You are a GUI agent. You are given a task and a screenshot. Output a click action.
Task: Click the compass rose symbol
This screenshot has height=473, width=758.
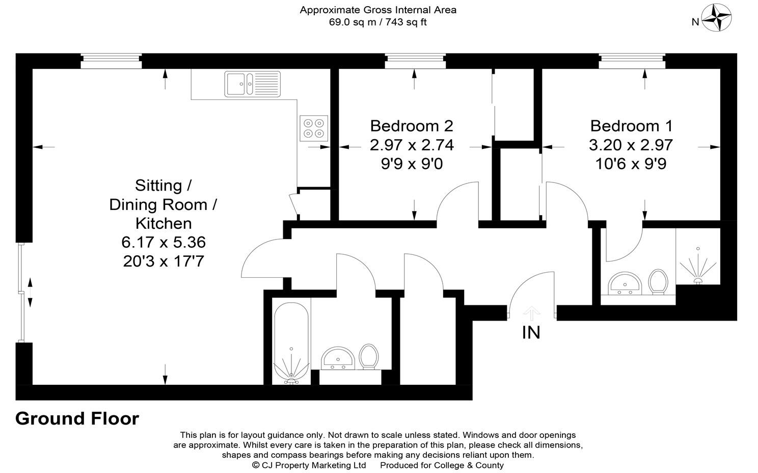pos(716,18)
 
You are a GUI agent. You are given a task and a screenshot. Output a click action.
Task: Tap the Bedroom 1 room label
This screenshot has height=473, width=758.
pos(632,126)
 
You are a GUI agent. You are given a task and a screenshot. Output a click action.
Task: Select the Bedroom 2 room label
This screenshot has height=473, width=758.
pos(412,126)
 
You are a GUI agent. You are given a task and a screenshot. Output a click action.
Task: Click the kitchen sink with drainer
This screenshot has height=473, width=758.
pos(253,84)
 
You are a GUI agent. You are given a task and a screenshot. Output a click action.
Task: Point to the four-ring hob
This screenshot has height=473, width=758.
pos(314,128)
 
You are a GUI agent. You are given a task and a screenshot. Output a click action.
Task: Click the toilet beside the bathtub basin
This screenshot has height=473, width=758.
pos(368,357)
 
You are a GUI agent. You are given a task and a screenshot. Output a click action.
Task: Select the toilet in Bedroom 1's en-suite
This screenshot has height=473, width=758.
pos(658,282)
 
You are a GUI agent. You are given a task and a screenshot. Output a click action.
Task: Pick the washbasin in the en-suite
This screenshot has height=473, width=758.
pos(625,284)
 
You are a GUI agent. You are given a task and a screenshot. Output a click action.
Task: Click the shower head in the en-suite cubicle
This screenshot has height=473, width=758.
pos(698,266)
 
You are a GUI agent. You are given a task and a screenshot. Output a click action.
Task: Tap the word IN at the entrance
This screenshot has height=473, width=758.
pos(531,332)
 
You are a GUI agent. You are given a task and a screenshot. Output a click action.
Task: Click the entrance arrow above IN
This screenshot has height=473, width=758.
pos(531,313)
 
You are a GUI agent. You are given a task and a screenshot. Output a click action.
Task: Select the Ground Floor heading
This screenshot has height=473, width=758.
pos(77,418)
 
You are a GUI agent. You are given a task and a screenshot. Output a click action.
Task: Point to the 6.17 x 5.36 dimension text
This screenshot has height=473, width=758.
pos(164,242)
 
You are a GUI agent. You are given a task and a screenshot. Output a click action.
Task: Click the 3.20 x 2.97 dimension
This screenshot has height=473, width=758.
pos(631,145)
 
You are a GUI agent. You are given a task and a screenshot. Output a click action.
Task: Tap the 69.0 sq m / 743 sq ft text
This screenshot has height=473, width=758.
pos(377,22)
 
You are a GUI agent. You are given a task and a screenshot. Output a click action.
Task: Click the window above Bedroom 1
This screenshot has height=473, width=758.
pos(632,61)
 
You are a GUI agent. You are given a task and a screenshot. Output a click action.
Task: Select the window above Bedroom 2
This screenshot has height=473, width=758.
pos(415,61)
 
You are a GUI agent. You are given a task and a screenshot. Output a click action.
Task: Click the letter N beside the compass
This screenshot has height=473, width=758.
pos(695,22)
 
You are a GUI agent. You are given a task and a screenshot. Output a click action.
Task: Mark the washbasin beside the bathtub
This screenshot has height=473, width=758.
pos(338,358)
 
